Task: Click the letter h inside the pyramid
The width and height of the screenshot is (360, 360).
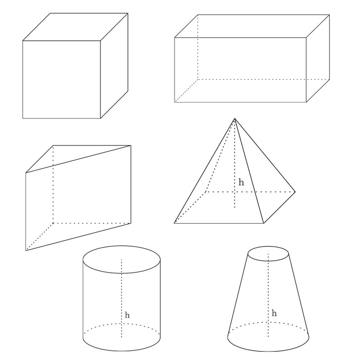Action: point(241,183)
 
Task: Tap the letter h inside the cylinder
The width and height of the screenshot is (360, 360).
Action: point(127,315)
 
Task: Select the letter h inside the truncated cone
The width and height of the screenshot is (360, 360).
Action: point(274,313)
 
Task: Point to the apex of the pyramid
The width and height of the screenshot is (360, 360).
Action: point(234,119)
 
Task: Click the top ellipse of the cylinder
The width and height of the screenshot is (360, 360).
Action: point(121,259)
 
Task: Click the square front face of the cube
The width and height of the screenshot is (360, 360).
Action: point(61,79)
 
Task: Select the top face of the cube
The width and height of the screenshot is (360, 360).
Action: point(75,27)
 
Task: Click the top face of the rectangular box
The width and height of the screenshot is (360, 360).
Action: point(252,26)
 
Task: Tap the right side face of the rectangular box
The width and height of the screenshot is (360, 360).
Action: point(318,59)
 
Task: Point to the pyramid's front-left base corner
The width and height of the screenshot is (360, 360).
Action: point(175,223)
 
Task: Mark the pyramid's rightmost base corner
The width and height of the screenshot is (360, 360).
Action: point(295,192)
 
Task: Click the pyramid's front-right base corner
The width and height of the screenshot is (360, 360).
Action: point(263,223)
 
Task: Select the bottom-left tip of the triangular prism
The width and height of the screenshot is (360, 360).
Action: point(26,250)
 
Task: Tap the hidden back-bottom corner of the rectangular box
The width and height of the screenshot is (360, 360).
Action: point(198,79)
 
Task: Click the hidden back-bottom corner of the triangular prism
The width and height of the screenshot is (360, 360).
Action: point(54,223)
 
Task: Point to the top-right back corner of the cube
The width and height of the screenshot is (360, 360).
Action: point(127,13)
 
